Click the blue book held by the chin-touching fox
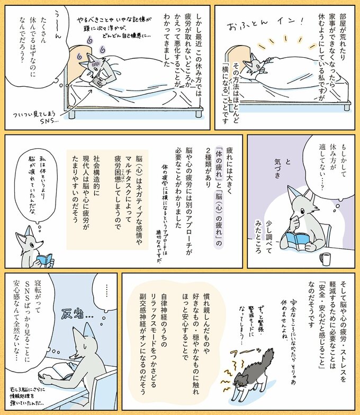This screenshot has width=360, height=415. pyautogui.click(x=302, y=238)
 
